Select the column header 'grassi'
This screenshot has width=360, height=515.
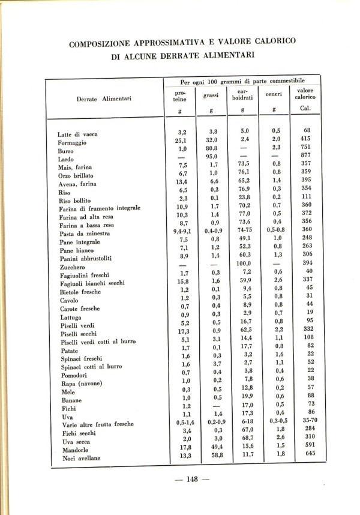tap(210, 95)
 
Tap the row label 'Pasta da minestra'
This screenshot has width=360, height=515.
tap(84, 233)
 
